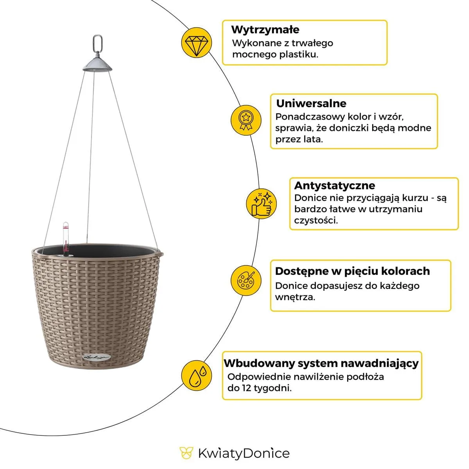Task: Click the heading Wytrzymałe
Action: (x=265, y=30)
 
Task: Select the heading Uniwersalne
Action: (x=311, y=104)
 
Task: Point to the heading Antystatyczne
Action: (x=335, y=185)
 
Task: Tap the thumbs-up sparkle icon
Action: (x=261, y=203)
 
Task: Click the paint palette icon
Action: (x=246, y=280)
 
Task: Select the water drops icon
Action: (x=197, y=374)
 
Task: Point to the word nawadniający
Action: (x=379, y=363)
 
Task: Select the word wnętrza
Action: (x=295, y=297)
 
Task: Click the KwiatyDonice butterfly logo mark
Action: (x=186, y=453)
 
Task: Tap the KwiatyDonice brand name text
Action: (x=243, y=453)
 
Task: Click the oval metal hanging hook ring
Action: (x=97, y=43)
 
